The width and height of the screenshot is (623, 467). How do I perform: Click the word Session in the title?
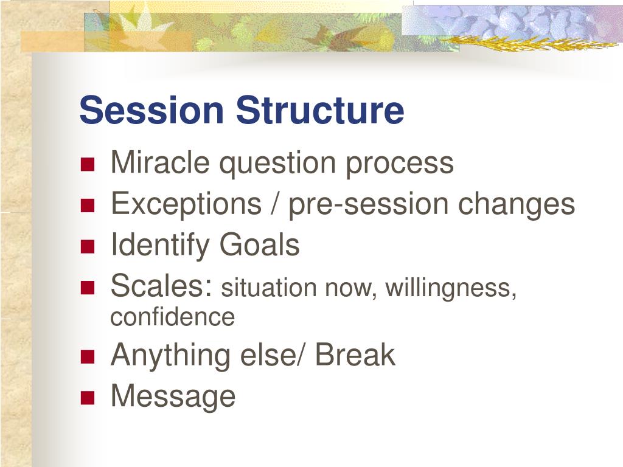(x=151, y=109)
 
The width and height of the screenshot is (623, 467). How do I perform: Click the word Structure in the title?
(x=320, y=109)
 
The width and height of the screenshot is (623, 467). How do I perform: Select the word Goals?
(x=259, y=244)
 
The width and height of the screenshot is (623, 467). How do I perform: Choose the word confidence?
(x=172, y=317)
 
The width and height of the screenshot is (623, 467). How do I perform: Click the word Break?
(x=355, y=355)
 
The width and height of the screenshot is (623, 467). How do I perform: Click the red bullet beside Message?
(x=88, y=398)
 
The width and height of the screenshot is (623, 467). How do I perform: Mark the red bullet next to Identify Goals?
(x=88, y=246)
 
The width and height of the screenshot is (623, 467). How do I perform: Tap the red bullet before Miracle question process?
(x=88, y=164)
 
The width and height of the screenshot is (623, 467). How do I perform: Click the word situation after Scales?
(x=269, y=287)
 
